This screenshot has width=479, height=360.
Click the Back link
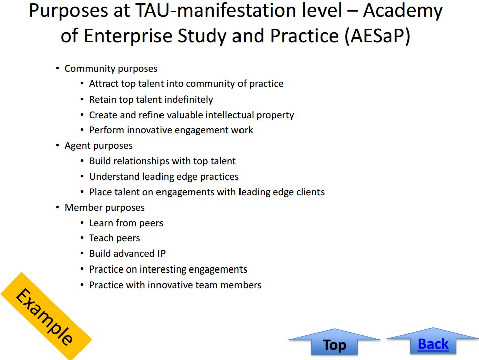(x=433, y=344)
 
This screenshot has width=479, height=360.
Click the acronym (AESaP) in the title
(x=377, y=36)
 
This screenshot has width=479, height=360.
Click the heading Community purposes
(x=111, y=69)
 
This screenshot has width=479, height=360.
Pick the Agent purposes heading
(x=99, y=146)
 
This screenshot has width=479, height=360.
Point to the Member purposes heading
(x=105, y=207)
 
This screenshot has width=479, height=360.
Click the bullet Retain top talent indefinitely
(x=151, y=99)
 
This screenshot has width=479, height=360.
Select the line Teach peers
(x=114, y=238)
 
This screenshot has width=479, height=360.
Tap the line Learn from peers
(x=126, y=223)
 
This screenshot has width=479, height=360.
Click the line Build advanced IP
(x=127, y=253)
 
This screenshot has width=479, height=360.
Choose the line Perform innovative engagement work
(x=171, y=130)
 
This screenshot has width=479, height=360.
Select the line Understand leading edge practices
(x=164, y=177)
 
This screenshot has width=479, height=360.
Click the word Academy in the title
(x=403, y=11)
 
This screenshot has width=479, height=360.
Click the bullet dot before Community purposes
(x=57, y=68)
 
